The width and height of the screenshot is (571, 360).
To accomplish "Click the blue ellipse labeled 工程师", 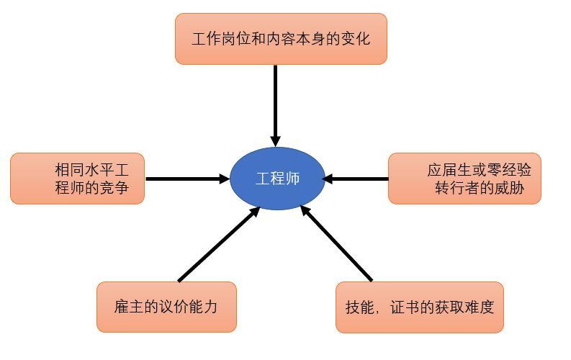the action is tap(276, 179).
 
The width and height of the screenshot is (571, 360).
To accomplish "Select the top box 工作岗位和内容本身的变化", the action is tap(281, 39).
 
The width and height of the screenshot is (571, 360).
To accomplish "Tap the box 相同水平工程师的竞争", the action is tap(77, 179).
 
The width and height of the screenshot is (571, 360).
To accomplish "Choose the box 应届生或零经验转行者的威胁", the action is tap(464, 179).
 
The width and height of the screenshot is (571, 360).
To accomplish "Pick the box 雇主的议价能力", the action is tap(166, 307).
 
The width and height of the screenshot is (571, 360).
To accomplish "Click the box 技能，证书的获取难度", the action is tap(419, 307).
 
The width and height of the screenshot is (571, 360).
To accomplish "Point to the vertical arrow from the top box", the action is tap(275, 101).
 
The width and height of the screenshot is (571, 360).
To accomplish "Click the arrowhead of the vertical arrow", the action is tap(275, 140).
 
